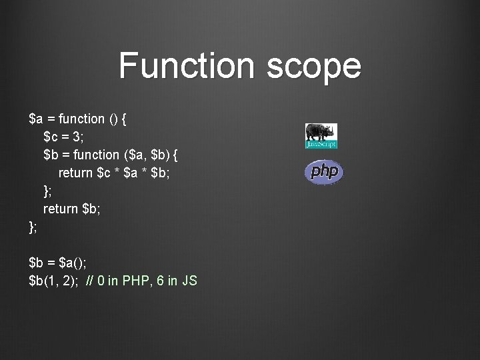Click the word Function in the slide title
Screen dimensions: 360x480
182,66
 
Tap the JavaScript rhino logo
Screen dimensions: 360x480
321,136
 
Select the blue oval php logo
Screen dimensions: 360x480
324,172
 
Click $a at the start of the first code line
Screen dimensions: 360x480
37,119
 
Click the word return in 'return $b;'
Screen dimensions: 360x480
61,209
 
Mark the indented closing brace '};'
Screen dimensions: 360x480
47,191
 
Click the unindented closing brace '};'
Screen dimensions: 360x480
33,227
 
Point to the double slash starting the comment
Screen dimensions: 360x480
90,281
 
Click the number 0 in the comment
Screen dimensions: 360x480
101,281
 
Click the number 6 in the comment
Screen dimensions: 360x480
160,281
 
